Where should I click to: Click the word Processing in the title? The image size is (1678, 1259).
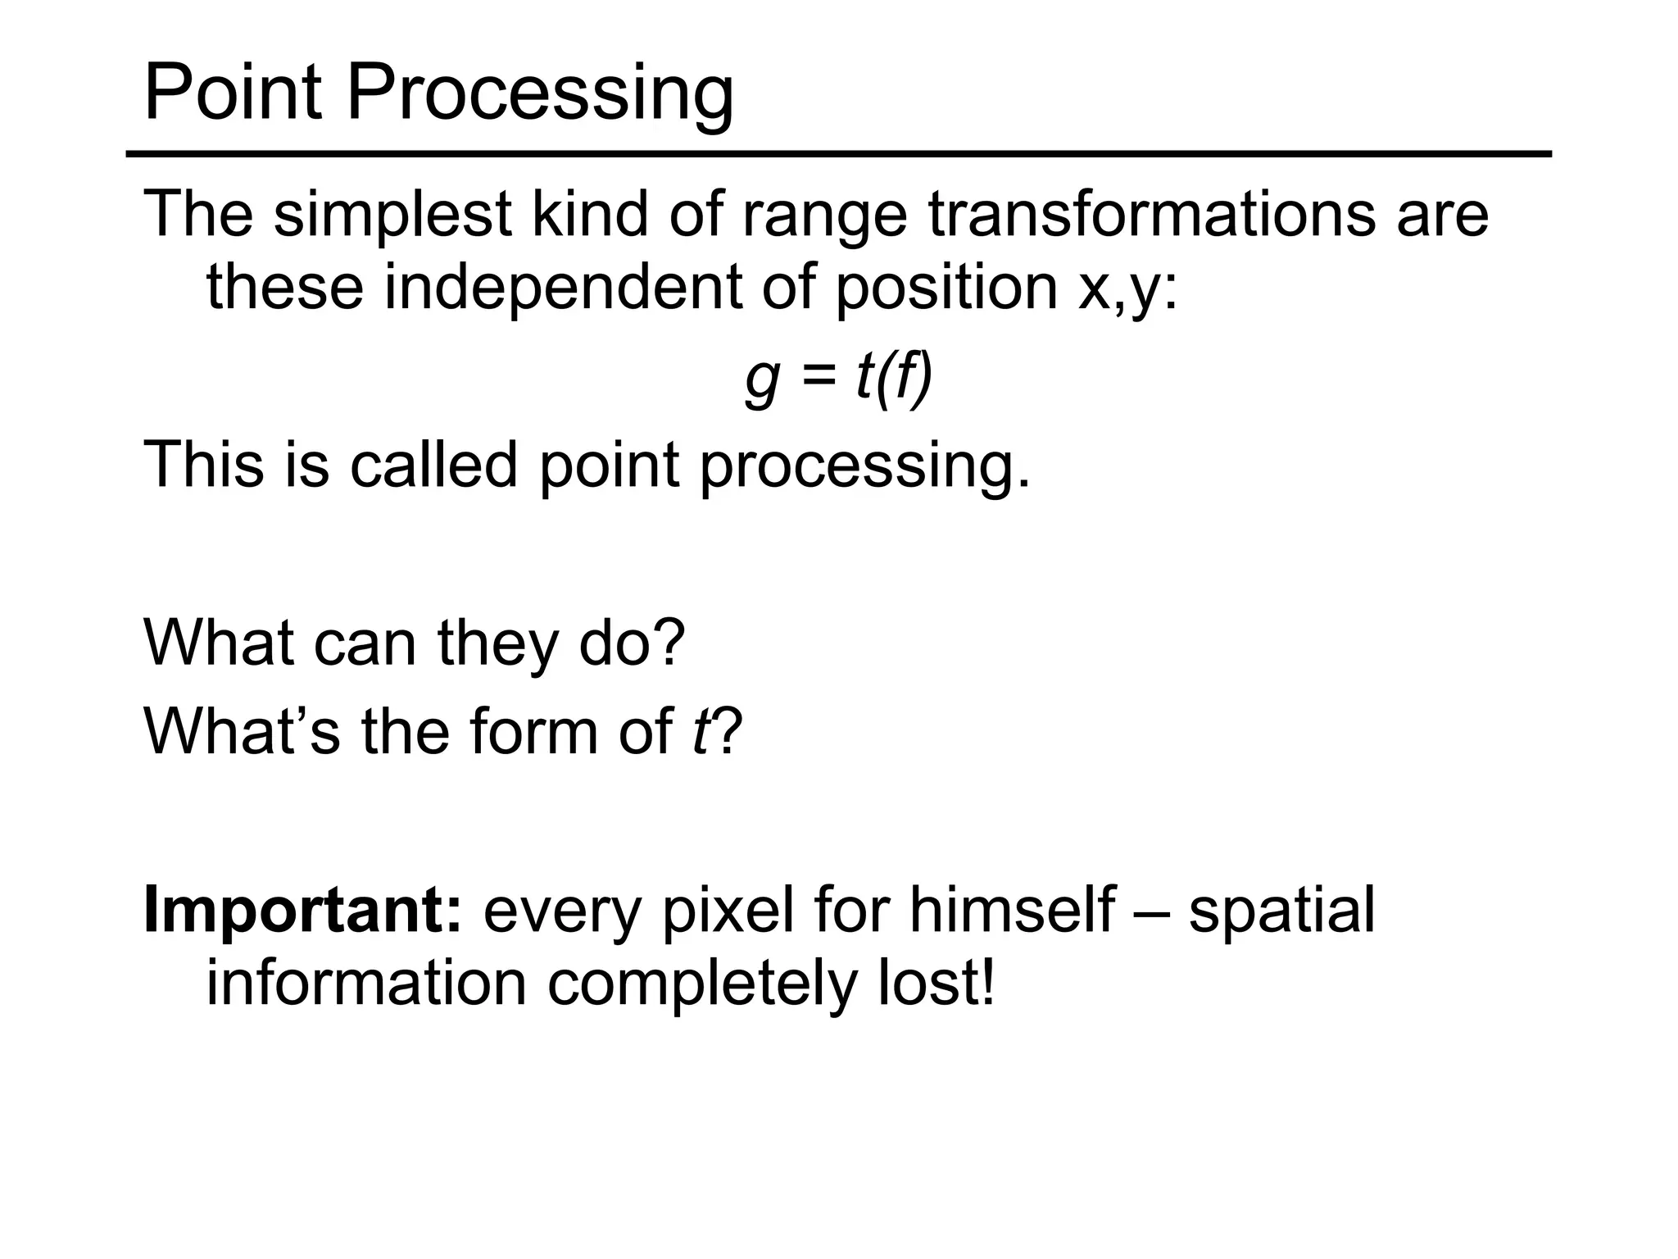[540, 93]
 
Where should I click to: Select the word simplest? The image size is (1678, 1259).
[392, 215]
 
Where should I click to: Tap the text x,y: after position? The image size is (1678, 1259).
[1127, 289]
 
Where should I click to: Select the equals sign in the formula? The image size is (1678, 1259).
[817, 379]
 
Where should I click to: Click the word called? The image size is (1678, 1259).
[434, 465]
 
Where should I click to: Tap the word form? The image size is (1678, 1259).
[533, 730]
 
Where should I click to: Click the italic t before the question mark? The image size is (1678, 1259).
[700, 730]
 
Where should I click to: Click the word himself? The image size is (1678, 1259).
[1011, 910]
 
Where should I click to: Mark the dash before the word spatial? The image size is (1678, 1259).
[1152, 912]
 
